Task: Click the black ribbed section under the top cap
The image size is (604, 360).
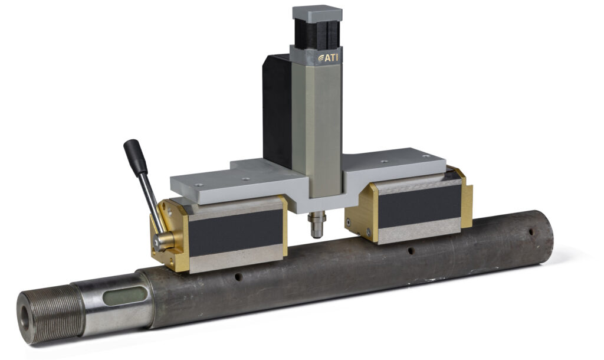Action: click(316, 33)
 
